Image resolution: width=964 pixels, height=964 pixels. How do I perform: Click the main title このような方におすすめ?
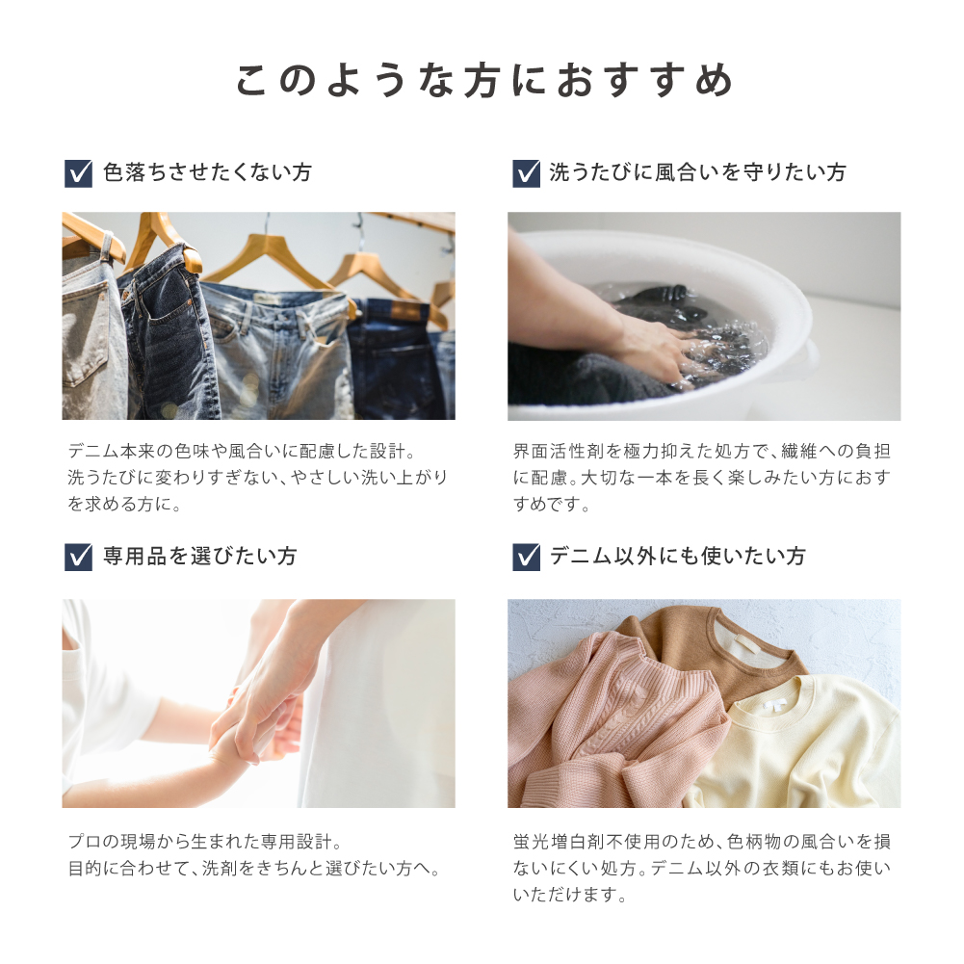coord(484,81)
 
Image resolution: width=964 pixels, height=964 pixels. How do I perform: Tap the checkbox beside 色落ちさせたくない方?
coord(78,173)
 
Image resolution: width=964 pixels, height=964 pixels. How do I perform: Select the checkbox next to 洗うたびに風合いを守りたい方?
coord(526,173)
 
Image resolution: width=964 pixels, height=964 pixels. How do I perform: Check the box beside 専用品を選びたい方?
coord(78,557)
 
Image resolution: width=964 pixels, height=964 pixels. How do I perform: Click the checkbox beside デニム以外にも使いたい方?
coord(526,557)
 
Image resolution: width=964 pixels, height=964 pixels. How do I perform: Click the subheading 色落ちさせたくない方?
coord(207,172)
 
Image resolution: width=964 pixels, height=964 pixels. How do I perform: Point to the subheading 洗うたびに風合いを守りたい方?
coord(697,172)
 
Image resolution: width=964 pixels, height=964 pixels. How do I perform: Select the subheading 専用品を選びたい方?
coord(199,557)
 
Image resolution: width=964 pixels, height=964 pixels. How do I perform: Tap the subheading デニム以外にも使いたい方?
coord(677,557)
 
